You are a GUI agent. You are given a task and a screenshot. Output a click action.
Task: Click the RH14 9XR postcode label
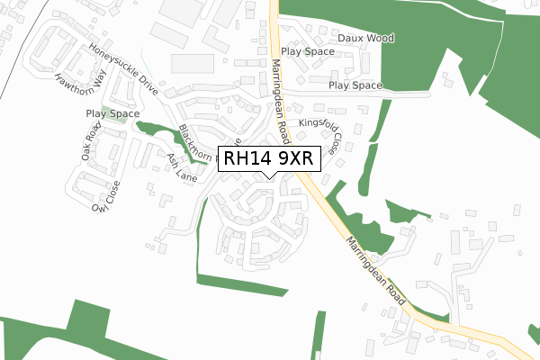tap(267, 158)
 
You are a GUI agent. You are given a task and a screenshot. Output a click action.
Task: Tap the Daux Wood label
tap(366, 39)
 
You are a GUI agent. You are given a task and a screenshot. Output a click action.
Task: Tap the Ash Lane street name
tap(182, 167)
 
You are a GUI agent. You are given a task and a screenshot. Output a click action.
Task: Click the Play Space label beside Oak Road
tap(112, 114)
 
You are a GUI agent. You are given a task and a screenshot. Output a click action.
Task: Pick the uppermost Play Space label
tap(308, 52)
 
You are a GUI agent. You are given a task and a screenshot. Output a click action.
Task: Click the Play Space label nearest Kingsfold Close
tap(355, 85)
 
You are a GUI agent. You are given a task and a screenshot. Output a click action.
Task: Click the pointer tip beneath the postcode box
tap(267, 175)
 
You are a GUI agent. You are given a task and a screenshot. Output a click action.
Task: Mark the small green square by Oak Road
tap(106, 115)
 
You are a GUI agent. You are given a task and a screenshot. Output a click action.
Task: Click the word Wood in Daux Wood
tap(379, 39)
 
